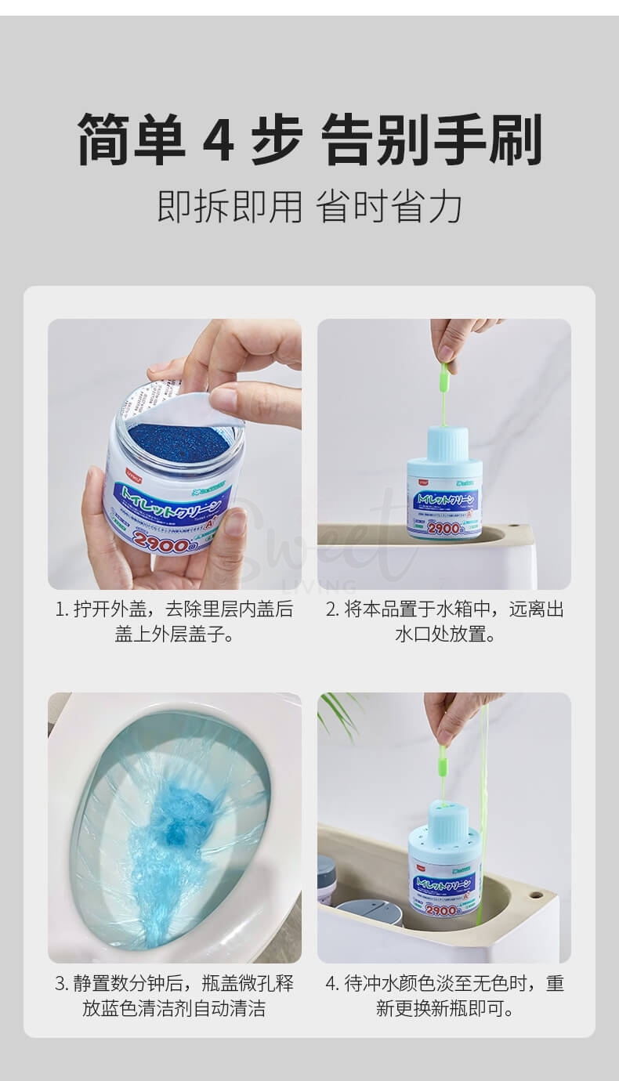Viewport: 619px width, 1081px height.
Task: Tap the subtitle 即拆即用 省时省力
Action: click(x=309, y=206)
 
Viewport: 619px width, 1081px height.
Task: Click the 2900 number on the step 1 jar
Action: click(x=161, y=541)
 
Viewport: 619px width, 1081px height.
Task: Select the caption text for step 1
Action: click(x=174, y=621)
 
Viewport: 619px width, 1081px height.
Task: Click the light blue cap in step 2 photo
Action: click(x=444, y=443)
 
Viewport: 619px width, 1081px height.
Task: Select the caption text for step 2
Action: click(x=444, y=621)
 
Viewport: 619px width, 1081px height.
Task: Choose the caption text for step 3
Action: click(x=174, y=995)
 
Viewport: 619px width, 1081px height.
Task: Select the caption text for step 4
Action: click(x=444, y=995)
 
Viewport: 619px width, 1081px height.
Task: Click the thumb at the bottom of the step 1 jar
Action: click(x=227, y=540)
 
